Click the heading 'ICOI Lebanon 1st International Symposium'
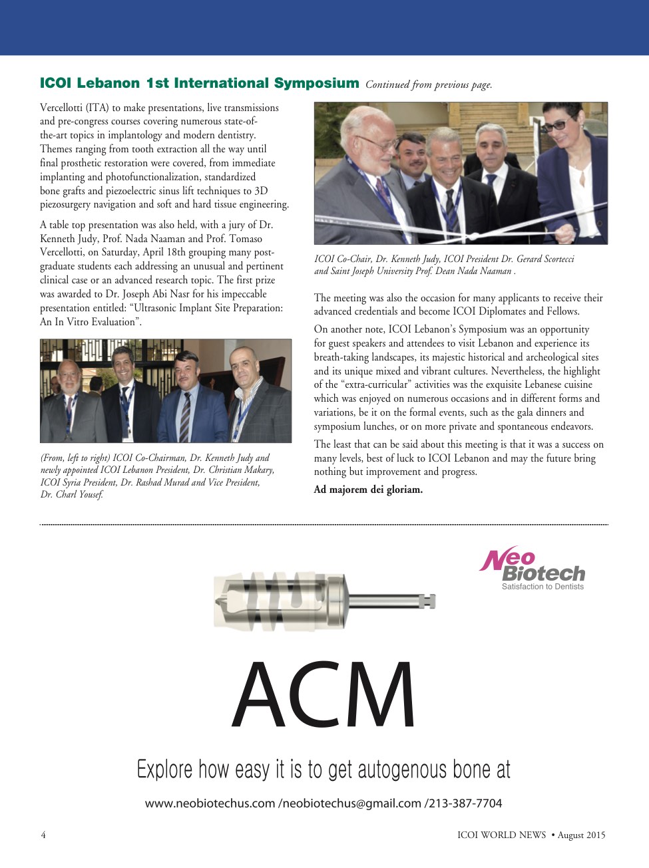(x=199, y=83)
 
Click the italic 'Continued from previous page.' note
(x=429, y=84)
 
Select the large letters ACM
(x=324, y=695)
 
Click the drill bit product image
(x=324, y=601)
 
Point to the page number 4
(x=43, y=835)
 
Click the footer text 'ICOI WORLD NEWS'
(x=501, y=835)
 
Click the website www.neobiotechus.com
(x=210, y=803)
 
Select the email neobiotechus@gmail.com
(x=352, y=803)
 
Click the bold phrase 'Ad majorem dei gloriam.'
(x=368, y=490)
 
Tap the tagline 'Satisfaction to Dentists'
(x=542, y=587)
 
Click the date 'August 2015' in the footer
(x=581, y=835)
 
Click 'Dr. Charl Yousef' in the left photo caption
(x=72, y=494)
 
